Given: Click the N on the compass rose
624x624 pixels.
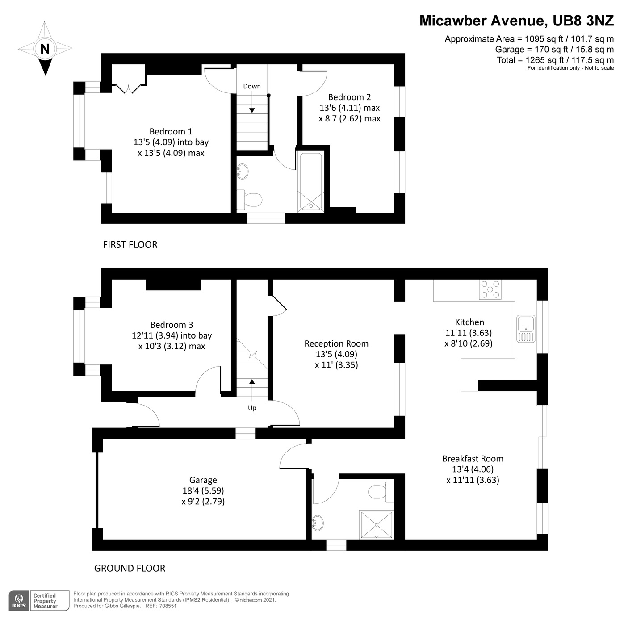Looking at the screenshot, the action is [45, 49].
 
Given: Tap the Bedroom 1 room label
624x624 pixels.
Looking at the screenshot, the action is [171, 131].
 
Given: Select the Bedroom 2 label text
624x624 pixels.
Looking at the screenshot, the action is [349, 97].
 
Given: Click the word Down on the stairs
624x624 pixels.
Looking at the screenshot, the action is [252, 86].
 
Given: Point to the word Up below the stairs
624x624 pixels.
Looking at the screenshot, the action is [252, 408].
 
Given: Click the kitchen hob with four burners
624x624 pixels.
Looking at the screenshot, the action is [490, 289].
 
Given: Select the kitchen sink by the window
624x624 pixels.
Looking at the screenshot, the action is [526, 329].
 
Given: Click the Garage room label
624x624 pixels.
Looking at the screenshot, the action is [203, 480].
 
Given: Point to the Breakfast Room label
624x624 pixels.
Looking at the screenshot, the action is [473, 459].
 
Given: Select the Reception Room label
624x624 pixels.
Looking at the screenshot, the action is [336, 343].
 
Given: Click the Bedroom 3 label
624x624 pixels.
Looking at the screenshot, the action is [172, 325].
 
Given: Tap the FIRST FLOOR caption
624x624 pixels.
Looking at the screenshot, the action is [130, 245].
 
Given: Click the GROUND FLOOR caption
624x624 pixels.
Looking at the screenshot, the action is [130, 568].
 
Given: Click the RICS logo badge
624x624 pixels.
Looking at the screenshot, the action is [19, 600].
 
